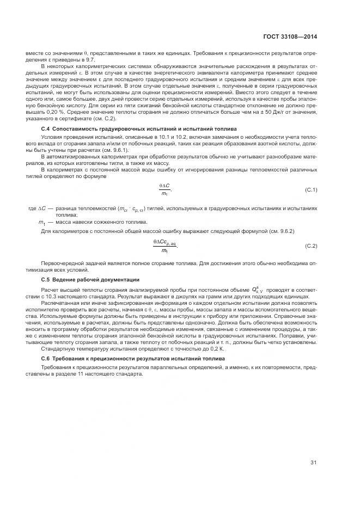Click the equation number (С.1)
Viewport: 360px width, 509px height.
(311, 189)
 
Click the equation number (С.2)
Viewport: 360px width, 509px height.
(311, 246)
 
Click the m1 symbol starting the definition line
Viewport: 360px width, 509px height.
(41, 222)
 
